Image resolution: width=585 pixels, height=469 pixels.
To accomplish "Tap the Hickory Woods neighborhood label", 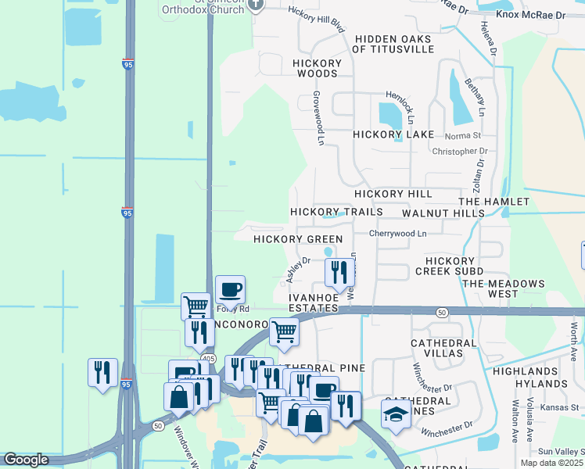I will (x=317, y=68).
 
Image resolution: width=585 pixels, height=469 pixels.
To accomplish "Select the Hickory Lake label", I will (x=393, y=134).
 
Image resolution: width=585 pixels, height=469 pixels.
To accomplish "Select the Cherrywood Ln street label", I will (x=398, y=233).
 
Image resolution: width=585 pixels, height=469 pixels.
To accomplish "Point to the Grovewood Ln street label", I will (x=319, y=116).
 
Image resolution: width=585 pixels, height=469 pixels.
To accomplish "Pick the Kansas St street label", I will (x=566, y=407).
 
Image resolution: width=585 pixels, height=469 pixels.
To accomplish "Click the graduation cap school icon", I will (x=397, y=414).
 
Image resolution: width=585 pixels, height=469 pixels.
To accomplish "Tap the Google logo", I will (x=26, y=460).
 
